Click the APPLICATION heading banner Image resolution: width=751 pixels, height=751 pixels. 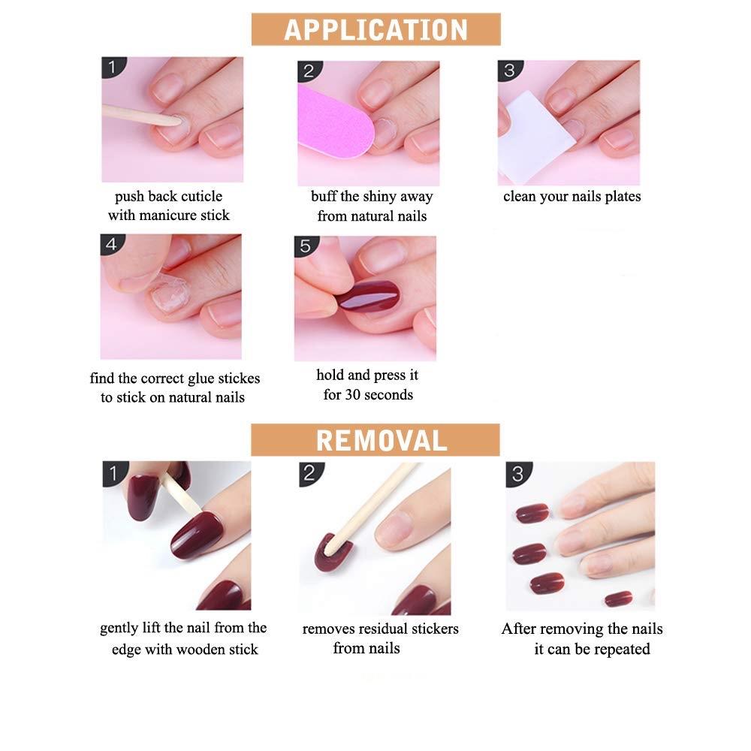point(376,29)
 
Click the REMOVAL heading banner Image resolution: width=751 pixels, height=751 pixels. point(375,439)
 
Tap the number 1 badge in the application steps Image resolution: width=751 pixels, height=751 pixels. point(113,67)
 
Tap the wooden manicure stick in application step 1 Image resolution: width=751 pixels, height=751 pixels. point(141,116)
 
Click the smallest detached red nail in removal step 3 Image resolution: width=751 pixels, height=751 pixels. point(618,599)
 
